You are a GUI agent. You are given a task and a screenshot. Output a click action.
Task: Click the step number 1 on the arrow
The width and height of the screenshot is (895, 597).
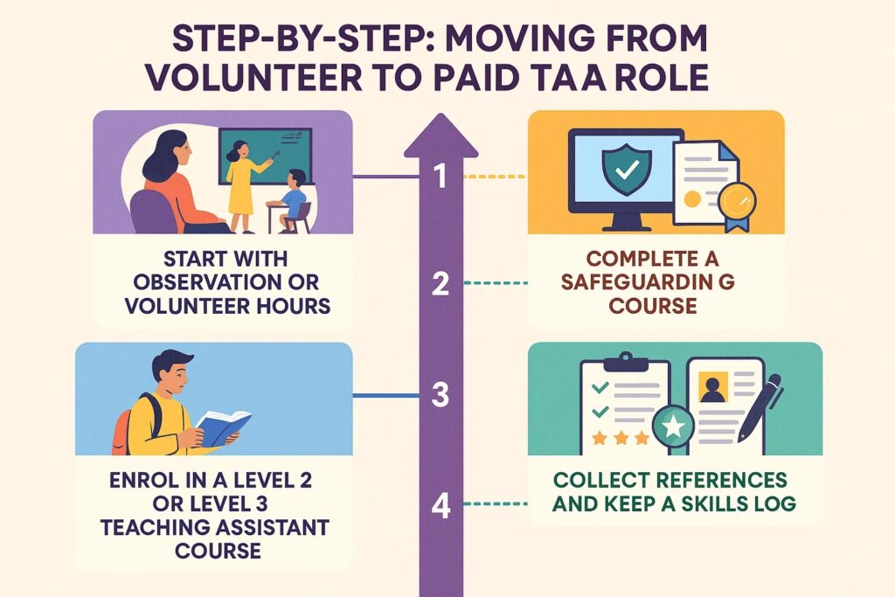441,176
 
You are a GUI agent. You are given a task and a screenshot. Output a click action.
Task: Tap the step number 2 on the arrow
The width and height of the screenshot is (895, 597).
441,283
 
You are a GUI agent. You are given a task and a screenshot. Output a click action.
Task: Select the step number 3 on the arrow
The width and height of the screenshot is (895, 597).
441,394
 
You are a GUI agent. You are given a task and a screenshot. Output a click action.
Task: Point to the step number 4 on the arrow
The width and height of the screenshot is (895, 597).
441,505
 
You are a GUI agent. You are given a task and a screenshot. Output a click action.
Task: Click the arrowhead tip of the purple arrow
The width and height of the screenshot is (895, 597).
441,114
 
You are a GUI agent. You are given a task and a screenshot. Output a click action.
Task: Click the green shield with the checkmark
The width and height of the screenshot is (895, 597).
626,169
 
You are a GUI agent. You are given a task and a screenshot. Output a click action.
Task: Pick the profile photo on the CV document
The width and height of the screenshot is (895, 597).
713,387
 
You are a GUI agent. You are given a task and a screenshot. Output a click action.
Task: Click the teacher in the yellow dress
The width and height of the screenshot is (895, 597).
244,185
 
